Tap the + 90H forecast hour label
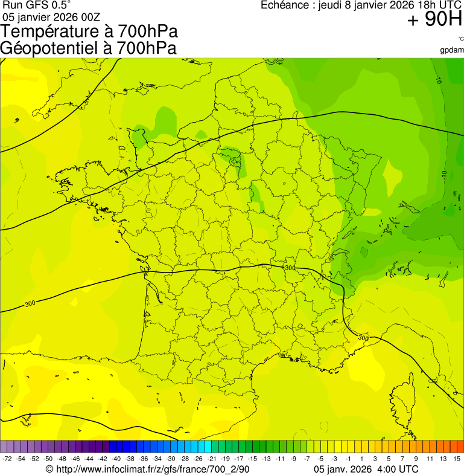pyautogui.click(x=434, y=20)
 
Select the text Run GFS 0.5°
pyautogui.click(x=37, y=5)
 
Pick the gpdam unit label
pyautogui.click(x=452, y=50)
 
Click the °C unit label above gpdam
pyautogui.click(x=460, y=39)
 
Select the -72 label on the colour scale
pyautogui.click(x=7, y=459)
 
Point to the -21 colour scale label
pyautogui.click(x=212, y=459)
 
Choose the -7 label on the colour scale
pyautogui.click(x=307, y=459)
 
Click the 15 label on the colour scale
pyautogui.click(x=457, y=459)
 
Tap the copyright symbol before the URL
pyautogui.click(x=49, y=469)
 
